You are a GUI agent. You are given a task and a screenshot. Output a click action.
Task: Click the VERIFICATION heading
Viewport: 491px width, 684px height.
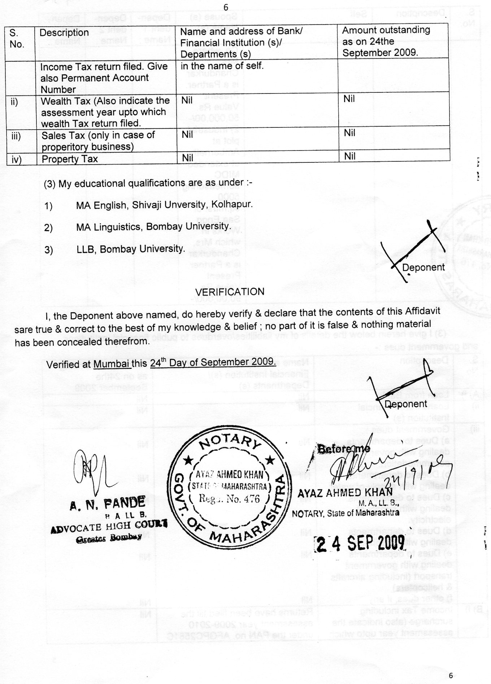click(230, 292)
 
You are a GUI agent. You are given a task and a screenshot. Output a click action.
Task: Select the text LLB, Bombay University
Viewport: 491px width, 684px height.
click(131, 249)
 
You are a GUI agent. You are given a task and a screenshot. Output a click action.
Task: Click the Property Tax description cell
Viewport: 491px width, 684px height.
click(70, 159)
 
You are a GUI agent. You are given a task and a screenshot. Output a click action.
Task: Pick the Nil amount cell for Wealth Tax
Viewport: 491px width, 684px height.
click(349, 99)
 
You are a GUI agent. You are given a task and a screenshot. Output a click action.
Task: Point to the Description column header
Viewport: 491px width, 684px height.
click(64, 32)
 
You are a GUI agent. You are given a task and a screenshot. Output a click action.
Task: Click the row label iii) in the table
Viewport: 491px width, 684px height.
click(16, 136)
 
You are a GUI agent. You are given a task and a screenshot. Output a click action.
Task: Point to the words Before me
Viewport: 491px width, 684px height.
click(343, 449)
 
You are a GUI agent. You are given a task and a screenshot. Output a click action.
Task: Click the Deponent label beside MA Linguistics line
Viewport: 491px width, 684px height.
click(423, 267)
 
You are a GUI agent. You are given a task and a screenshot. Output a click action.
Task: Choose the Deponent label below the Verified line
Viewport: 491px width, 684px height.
click(405, 404)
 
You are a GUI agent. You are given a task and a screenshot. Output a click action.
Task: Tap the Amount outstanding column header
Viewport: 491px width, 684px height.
click(386, 41)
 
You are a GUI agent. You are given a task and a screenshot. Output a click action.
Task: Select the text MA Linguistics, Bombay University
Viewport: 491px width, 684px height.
click(153, 227)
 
